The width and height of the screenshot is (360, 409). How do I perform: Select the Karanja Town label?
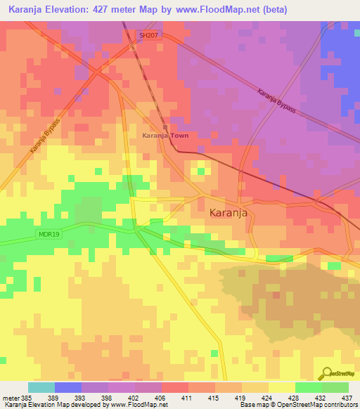165,135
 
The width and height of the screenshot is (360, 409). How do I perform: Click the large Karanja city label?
229,213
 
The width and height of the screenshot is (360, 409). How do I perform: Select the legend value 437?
346,397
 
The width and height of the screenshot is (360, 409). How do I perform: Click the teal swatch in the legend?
41,387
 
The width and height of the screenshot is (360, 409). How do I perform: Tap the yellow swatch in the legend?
281,387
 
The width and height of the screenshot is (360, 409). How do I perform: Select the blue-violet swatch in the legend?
68,387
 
